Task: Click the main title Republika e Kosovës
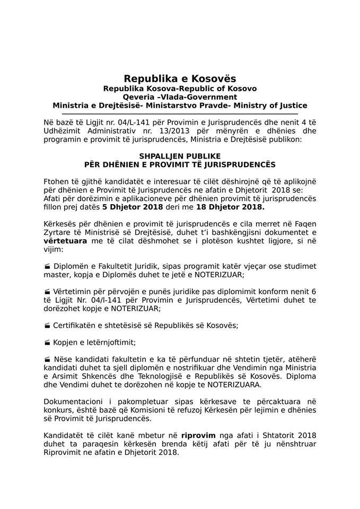[180, 79]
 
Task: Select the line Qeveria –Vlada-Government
[180, 97]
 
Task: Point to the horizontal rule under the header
[180, 113]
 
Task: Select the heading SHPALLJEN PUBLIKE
[180, 157]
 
